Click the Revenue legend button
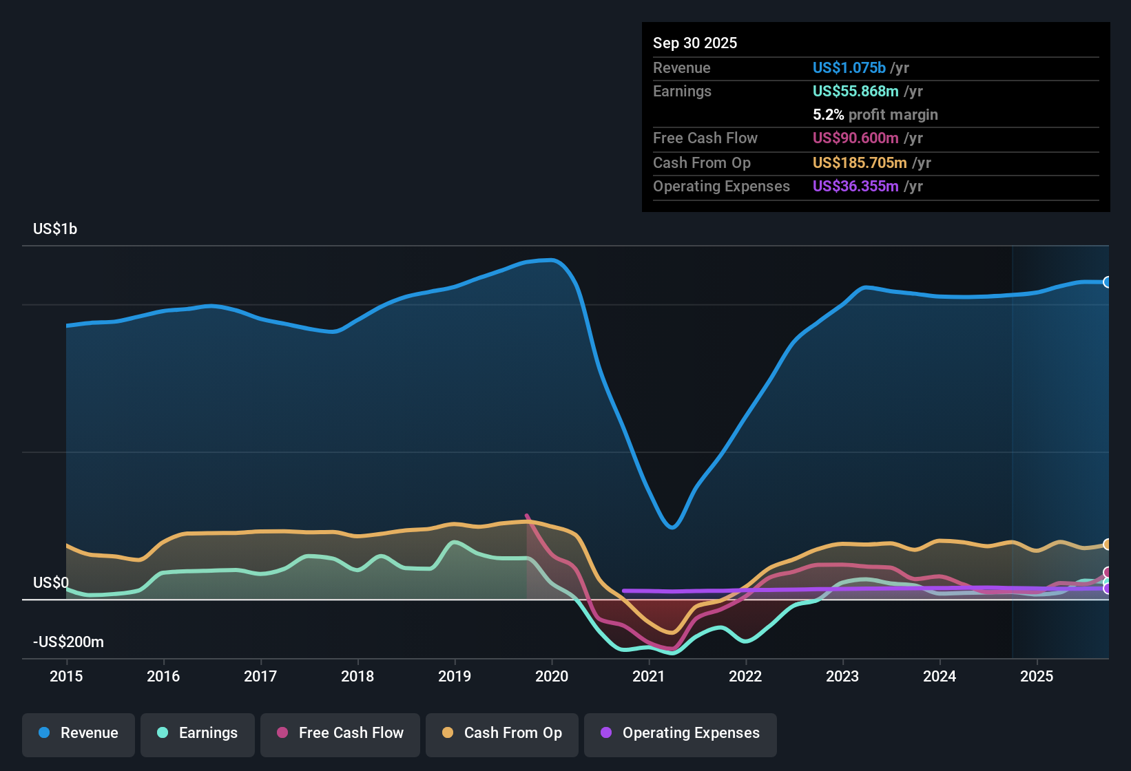79,733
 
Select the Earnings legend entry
198,733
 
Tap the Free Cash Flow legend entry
340,733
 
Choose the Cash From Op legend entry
502,733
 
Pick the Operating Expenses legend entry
681,733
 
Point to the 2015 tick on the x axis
66,676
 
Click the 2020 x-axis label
552,676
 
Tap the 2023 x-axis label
842,676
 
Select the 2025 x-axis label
1037,676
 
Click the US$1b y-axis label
55,229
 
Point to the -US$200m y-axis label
68,642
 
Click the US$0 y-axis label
51,583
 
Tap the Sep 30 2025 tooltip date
695,43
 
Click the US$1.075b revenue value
849,67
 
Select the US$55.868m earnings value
855,92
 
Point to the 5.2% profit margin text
875,115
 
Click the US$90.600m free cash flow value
855,138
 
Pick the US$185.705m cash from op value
859,163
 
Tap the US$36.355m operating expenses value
855,187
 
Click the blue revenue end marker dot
1107,282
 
